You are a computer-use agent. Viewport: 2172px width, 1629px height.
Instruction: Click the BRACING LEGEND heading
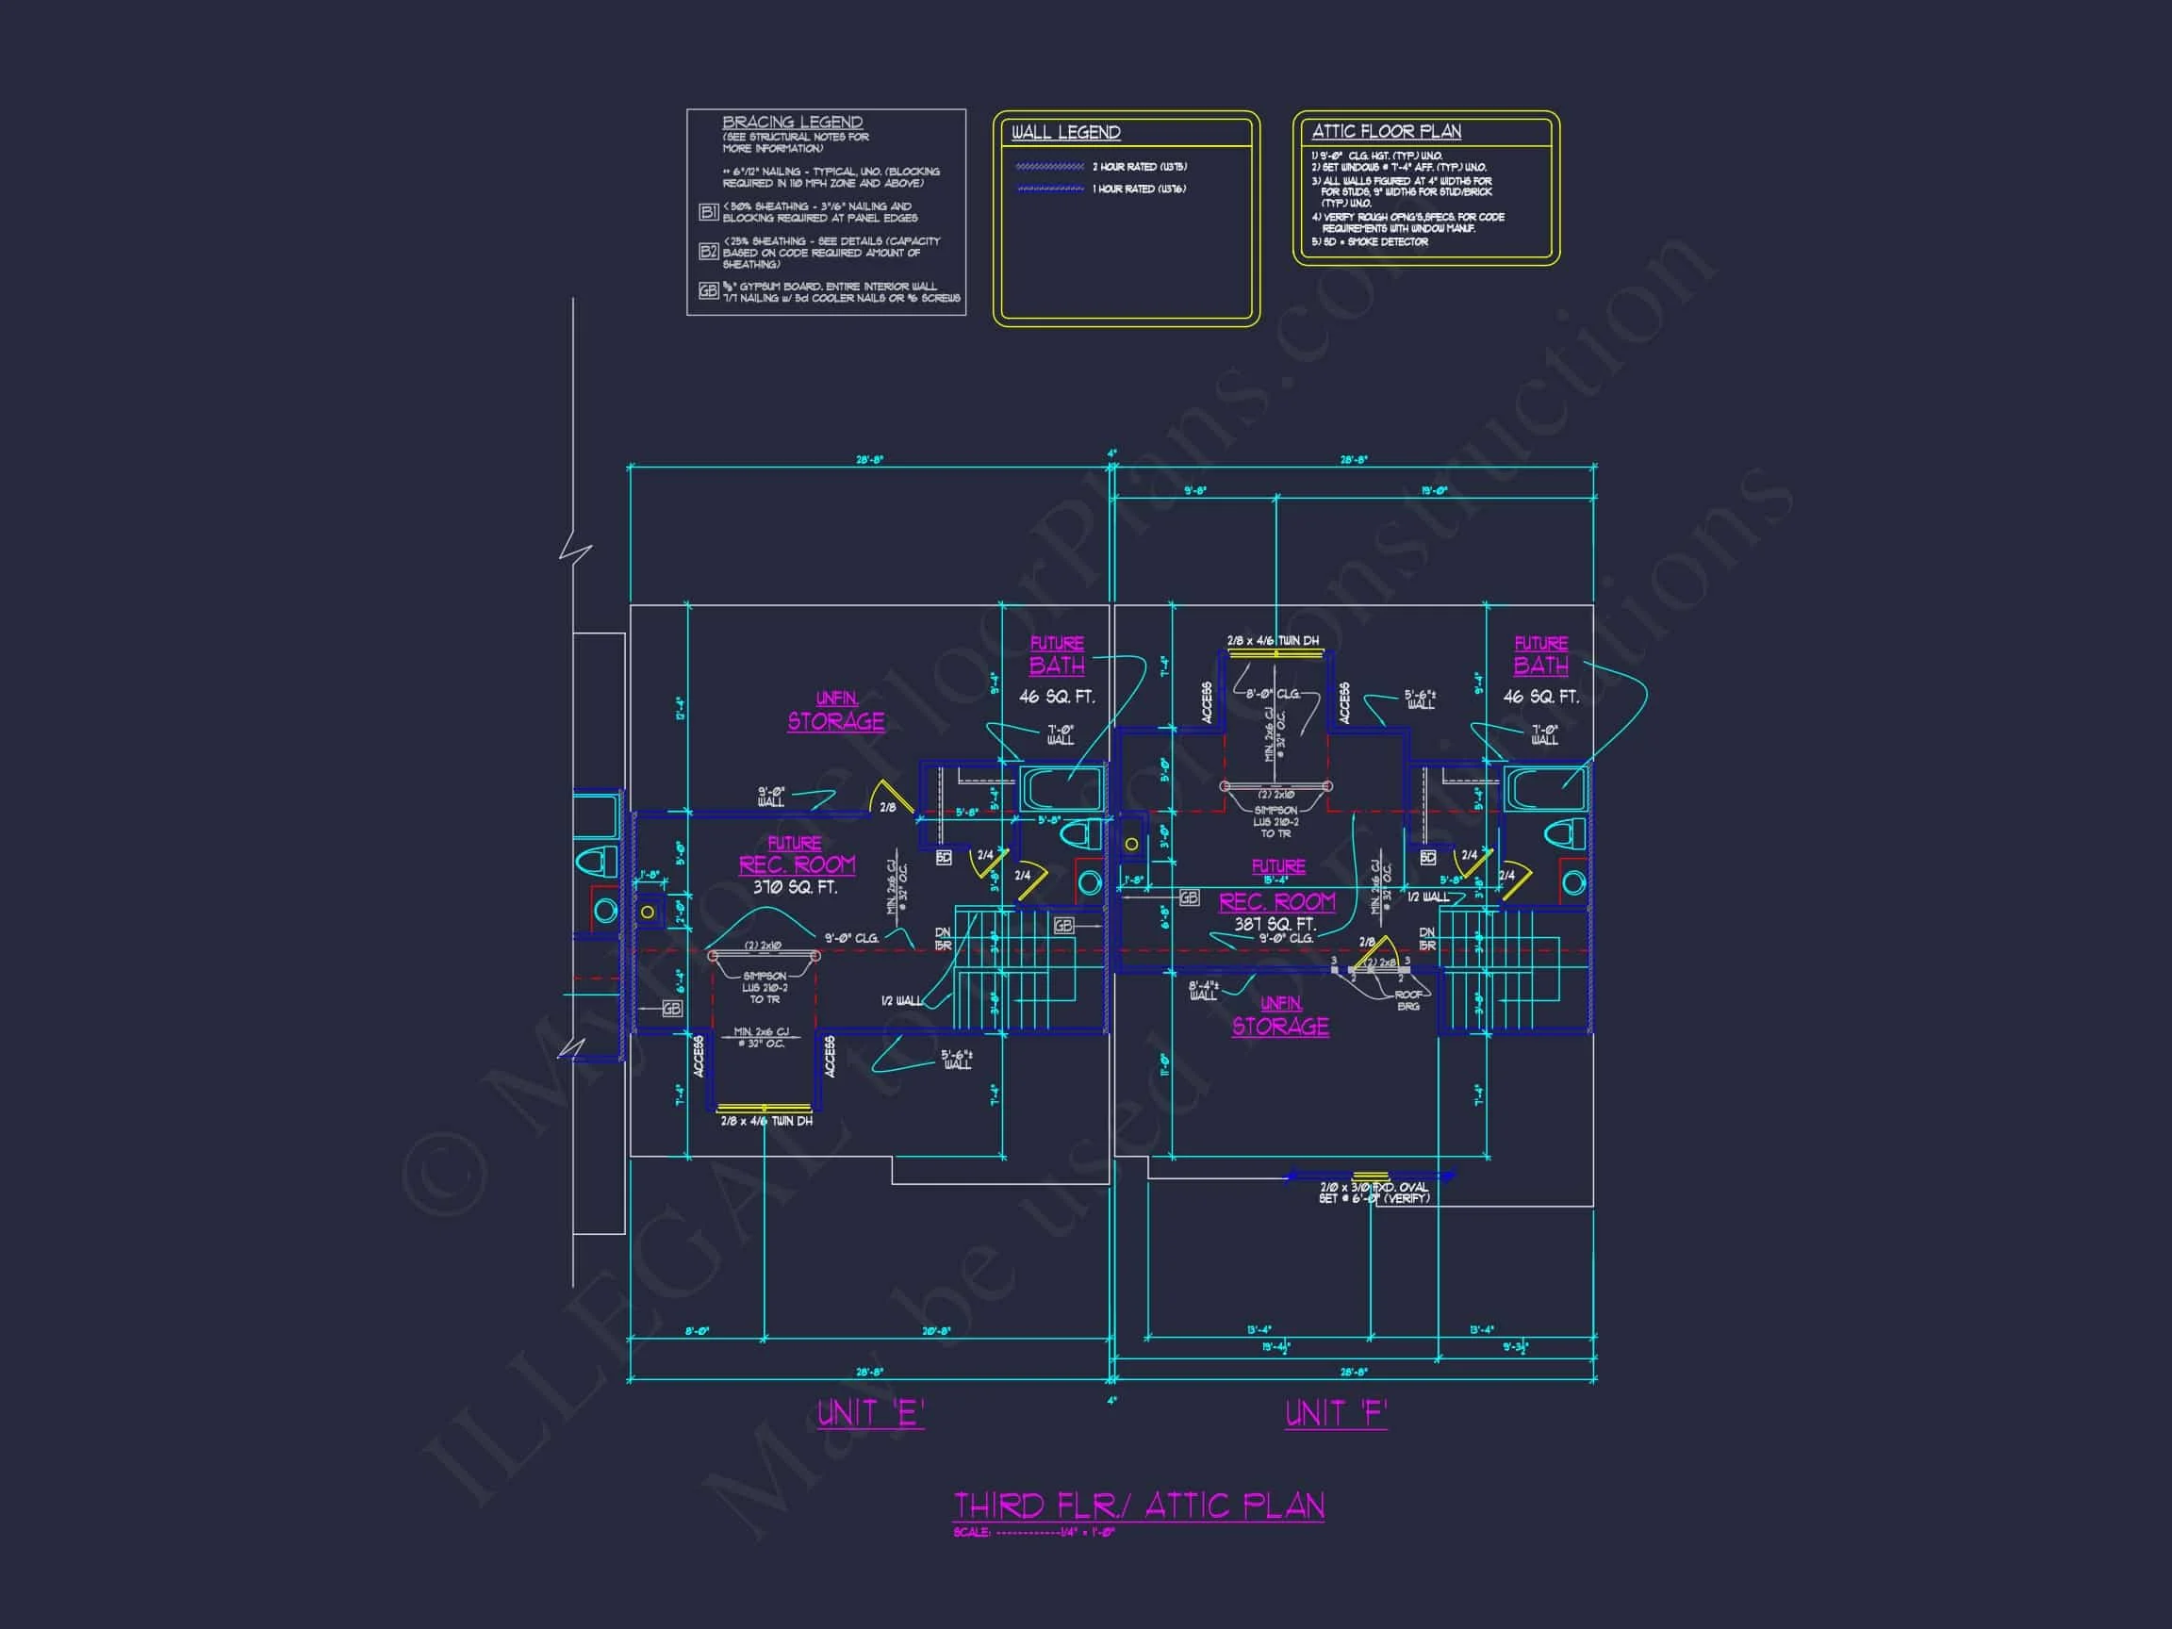[x=792, y=123]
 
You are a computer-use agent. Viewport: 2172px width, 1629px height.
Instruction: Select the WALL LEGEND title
[x=1065, y=133]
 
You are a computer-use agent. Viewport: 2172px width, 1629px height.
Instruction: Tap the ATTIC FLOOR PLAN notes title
[x=1386, y=132]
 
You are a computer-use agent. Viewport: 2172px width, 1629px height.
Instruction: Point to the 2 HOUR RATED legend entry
[x=1139, y=167]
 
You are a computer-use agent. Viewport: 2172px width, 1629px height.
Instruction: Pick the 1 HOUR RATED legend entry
[x=1139, y=189]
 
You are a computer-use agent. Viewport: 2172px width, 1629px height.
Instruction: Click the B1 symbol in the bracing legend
[x=708, y=212]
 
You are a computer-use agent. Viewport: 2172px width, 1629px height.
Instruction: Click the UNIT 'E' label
[x=870, y=1413]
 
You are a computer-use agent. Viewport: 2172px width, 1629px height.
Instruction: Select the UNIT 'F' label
[x=1336, y=1413]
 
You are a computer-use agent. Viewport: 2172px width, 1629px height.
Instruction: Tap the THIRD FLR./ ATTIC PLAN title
[x=1138, y=1506]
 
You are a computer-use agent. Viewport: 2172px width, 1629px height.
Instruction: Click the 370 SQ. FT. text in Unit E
[x=795, y=888]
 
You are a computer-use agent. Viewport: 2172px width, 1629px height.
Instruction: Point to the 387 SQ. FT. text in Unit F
[x=1275, y=924]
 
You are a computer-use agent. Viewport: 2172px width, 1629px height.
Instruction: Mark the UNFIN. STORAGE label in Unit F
[x=1280, y=1016]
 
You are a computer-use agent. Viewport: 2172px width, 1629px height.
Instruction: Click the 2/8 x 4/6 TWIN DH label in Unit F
[x=1273, y=641]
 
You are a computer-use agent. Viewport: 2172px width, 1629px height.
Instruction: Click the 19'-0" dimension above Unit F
[x=1434, y=491]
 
